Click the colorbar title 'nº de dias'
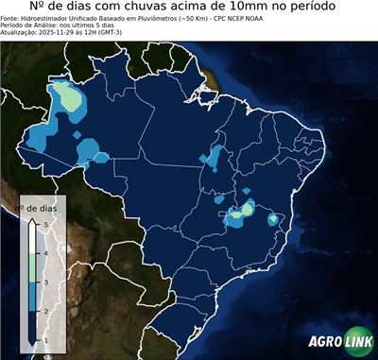[42, 207]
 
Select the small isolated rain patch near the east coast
[273, 219]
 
